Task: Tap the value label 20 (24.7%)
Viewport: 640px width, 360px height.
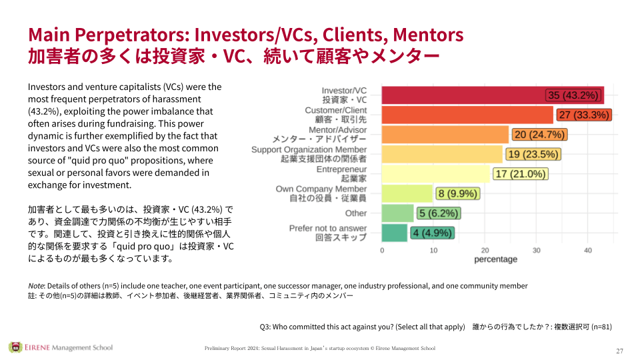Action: pyautogui.click(x=539, y=135)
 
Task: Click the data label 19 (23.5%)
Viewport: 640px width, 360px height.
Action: pyautogui.click(x=533, y=155)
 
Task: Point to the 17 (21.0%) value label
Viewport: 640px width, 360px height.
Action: pyautogui.click(x=521, y=174)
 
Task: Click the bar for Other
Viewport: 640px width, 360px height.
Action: pyautogui.click(x=397, y=213)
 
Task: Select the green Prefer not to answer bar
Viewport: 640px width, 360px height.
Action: pyautogui.click(x=394, y=233)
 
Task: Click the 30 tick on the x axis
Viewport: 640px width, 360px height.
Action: pyautogui.click(x=537, y=250)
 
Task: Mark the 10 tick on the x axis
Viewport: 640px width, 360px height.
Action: pyautogui.click(x=433, y=250)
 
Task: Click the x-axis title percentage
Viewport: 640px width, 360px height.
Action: pyautogui.click(x=495, y=259)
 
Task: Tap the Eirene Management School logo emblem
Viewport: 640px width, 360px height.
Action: pyautogui.click(x=15, y=347)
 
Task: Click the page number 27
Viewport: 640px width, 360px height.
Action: pyautogui.click(x=619, y=351)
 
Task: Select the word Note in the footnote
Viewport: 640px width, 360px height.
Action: pyautogui.click(x=37, y=285)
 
